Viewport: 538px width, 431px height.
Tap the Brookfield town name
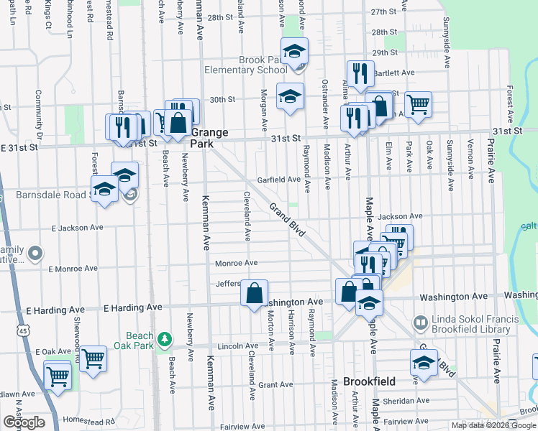(350, 381)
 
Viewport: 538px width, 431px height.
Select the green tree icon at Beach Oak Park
(165, 338)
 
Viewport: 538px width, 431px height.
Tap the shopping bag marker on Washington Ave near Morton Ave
(254, 293)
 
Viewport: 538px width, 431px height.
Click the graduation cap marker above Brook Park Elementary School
(294, 52)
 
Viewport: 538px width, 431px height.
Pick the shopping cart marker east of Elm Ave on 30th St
(417, 104)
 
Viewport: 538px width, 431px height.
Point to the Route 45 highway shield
(24, 330)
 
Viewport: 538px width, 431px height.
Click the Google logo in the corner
(24, 422)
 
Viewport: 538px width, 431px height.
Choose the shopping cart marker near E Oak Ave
(93, 358)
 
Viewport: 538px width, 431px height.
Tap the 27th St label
(384, 12)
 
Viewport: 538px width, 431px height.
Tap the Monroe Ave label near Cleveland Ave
(236, 264)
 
